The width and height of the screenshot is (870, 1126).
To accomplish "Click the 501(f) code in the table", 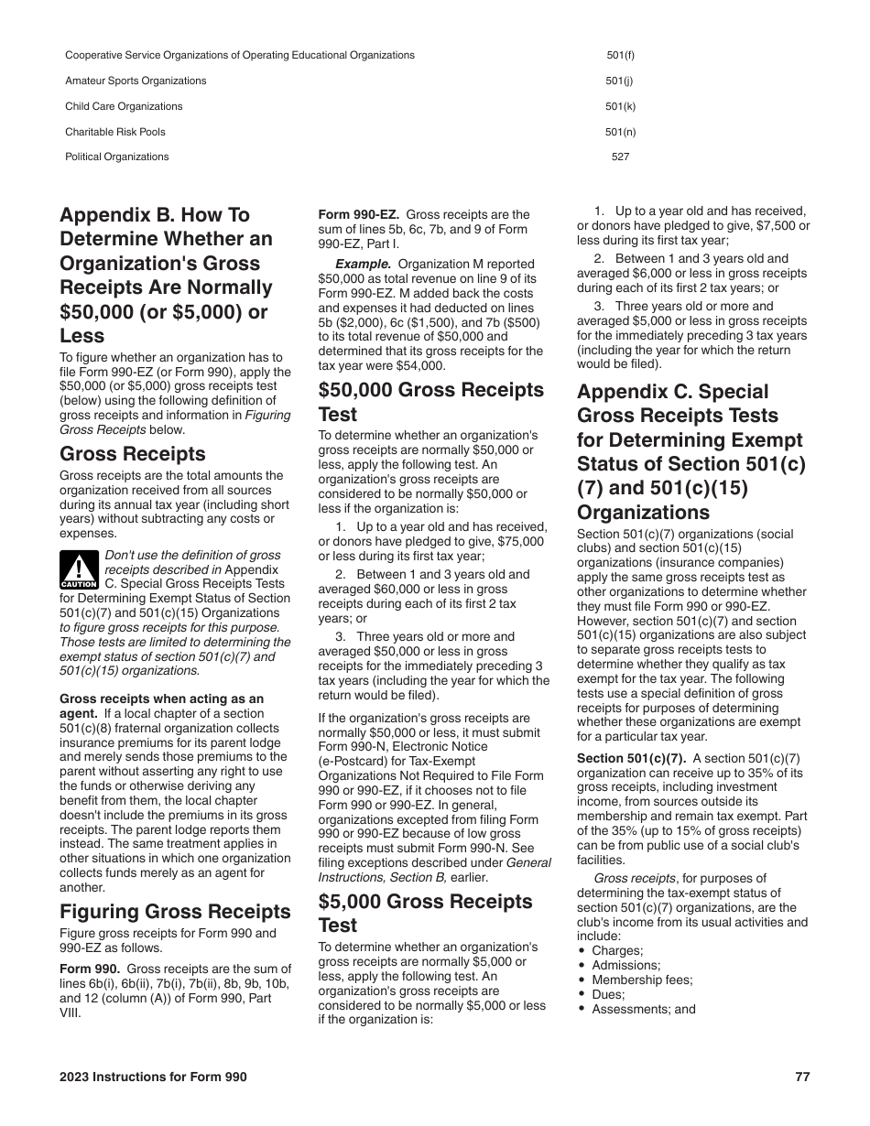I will pyautogui.click(x=620, y=55).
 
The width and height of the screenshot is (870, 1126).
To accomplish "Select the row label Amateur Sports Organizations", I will pyautogui.click(x=136, y=81).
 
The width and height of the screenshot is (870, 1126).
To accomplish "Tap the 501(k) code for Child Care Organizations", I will pyautogui.click(x=620, y=106).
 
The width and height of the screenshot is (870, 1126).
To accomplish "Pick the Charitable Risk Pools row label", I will pyautogui.click(x=115, y=132).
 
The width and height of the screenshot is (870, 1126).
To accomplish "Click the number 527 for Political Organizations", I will pyautogui.click(x=620, y=157).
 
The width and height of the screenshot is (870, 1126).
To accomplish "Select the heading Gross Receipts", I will pyautogui.click(x=132, y=454).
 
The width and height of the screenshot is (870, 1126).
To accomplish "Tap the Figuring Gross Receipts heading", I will pyautogui.click(x=175, y=911).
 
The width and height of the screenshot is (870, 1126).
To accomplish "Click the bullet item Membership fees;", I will pyautogui.click(x=642, y=980).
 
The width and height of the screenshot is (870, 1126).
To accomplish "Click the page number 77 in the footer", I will pyautogui.click(x=802, y=1077).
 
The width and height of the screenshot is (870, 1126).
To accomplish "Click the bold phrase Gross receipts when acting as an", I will pyautogui.click(x=161, y=698).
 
